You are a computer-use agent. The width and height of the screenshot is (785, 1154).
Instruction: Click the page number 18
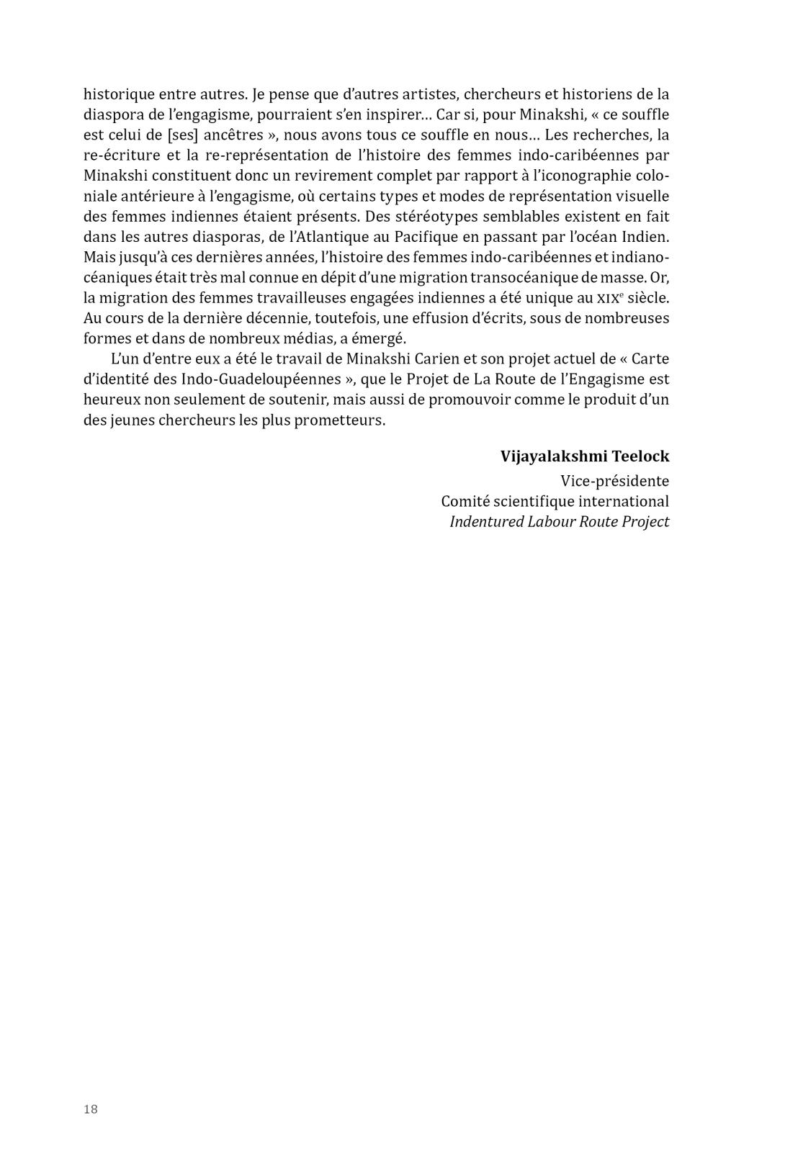tap(91, 1109)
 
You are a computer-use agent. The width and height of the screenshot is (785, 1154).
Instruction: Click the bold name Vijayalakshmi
tap(553, 456)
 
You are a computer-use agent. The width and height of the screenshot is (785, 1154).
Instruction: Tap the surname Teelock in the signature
tap(640, 456)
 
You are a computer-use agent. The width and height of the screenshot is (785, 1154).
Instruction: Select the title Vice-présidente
tap(614, 481)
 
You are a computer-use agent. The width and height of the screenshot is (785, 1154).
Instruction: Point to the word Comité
tap(466, 501)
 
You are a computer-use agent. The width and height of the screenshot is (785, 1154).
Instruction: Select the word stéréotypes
tap(427, 217)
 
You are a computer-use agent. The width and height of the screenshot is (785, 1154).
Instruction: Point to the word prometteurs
tap(339, 420)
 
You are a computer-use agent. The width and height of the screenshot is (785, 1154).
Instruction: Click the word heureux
tap(111, 400)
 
